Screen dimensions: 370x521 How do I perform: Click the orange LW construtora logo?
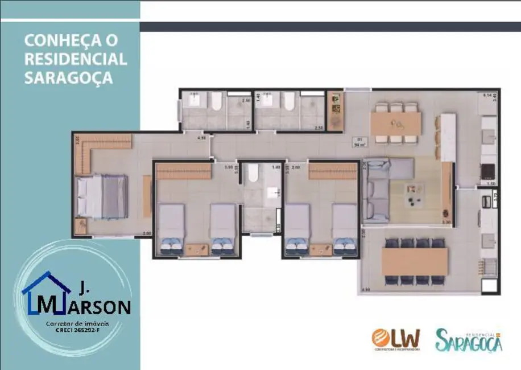click(x=396, y=339)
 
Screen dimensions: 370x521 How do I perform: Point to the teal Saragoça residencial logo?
click(x=469, y=340)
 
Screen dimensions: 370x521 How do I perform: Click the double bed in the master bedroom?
click(x=102, y=196)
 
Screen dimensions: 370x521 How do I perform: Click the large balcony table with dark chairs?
click(x=415, y=261)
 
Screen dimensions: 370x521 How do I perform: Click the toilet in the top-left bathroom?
click(x=216, y=101)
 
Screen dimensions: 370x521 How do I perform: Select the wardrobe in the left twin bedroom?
click(x=183, y=171)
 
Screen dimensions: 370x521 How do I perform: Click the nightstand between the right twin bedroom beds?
click(x=320, y=248)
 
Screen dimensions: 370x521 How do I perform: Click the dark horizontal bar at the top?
click(x=330, y=26)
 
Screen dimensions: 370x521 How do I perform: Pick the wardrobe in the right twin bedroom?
click(x=333, y=171)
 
